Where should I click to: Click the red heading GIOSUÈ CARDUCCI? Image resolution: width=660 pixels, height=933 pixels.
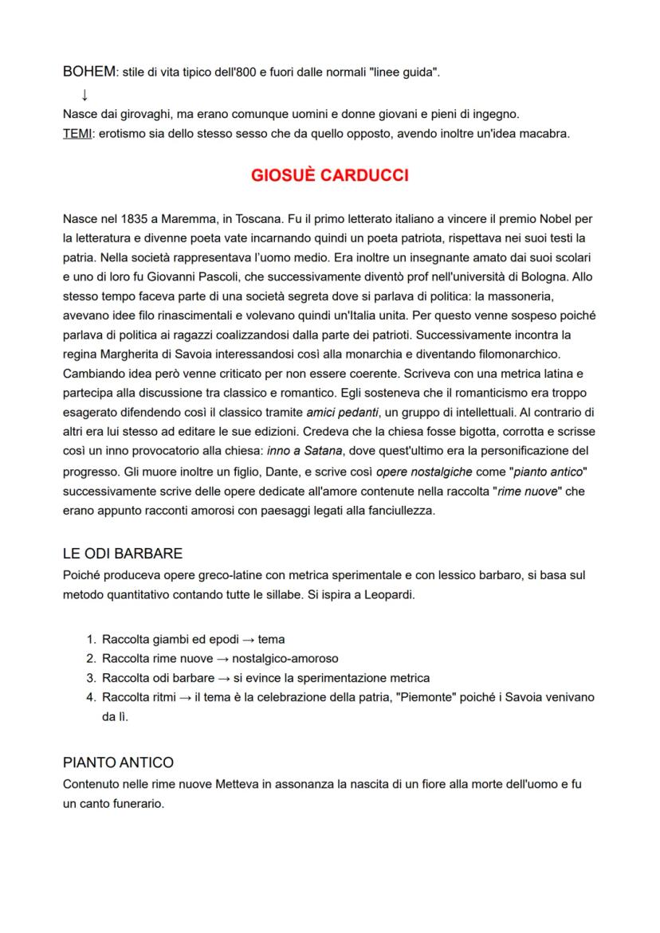(x=329, y=175)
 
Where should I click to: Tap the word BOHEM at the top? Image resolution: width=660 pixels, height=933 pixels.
(x=88, y=73)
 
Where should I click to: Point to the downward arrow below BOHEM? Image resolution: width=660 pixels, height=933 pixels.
(x=84, y=95)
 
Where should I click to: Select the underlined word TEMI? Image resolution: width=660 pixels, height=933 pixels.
(x=77, y=134)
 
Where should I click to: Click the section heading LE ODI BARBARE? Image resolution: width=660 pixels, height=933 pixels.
(x=122, y=554)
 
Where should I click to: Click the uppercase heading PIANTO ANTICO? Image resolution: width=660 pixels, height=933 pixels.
(x=118, y=762)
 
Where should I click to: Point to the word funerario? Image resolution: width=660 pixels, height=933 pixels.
(x=136, y=804)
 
